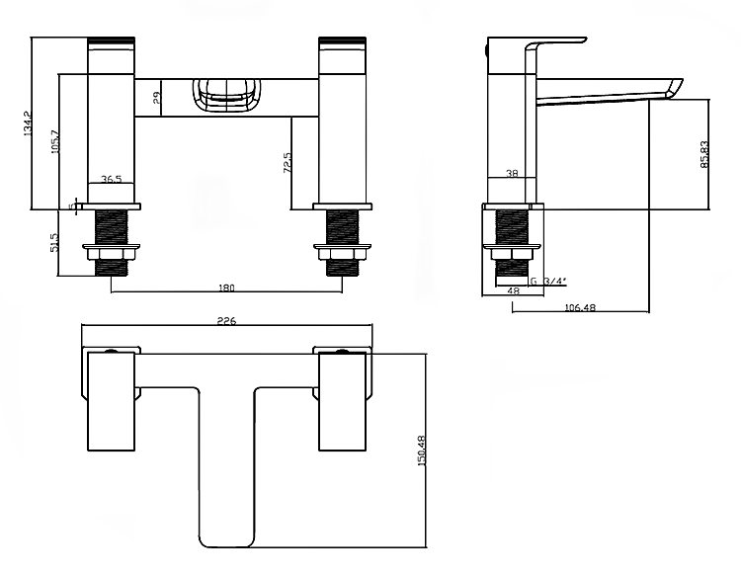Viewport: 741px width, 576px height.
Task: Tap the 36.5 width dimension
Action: (x=112, y=180)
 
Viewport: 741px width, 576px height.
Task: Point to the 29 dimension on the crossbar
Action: (x=157, y=97)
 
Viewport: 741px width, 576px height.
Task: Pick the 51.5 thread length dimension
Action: (x=55, y=242)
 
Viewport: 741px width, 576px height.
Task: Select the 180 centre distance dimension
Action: (x=225, y=288)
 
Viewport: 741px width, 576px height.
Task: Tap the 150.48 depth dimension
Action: (x=422, y=453)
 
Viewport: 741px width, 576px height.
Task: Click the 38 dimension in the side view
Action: (x=512, y=173)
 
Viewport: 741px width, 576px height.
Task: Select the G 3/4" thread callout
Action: (x=548, y=281)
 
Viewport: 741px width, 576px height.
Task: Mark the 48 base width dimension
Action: (x=513, y=291)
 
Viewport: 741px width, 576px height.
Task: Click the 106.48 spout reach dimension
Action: (x=578, y=306)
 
